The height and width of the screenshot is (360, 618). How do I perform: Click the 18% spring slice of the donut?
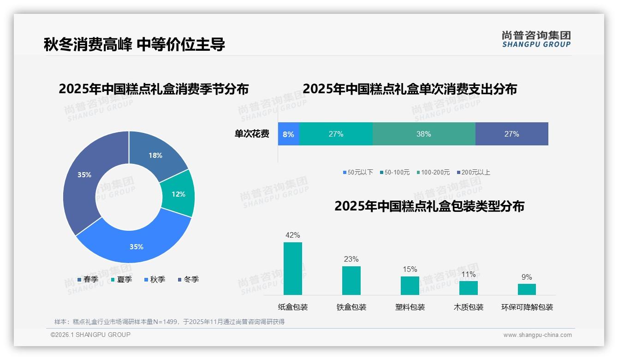click(x=155, y=155)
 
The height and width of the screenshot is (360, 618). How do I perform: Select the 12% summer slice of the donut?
click(x=178, y=194)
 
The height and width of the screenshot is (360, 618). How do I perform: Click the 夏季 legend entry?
click(x=121, y=280)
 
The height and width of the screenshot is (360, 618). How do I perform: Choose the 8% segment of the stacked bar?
click(x=289, y=134)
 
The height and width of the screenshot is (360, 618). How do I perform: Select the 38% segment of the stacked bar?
click(x=423, y=134)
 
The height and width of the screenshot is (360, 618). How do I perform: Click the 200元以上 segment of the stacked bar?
click(x=511, y=134)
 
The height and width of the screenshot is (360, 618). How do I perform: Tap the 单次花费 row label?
click(x=252, y=134)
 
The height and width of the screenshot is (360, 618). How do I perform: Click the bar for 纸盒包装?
click(x=293, y=269)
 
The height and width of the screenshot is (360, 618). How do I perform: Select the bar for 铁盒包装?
click(x=351, y=281)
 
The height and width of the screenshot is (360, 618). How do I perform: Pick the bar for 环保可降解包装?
click(x=527, y=289)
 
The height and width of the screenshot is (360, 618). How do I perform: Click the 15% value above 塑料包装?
click(x=410, y=270)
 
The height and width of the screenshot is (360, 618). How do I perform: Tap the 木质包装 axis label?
click(x=469, y=307)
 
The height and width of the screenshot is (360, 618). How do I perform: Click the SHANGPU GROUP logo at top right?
click(x=536, y=39)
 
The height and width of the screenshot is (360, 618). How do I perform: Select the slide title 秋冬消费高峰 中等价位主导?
click(x=134, y=45)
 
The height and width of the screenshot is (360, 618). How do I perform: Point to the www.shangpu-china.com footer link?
click(x=537, y=335)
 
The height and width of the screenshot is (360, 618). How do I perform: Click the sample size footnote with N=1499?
click(x=169, y=322)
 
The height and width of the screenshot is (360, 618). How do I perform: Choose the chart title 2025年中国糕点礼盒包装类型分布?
click(x=429, y=206)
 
